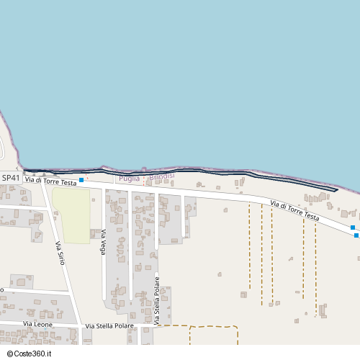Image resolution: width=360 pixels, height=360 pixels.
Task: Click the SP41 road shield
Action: [11, 178]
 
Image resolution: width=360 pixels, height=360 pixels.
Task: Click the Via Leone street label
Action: [37, 325]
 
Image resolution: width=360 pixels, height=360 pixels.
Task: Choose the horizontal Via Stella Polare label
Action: [109, 326]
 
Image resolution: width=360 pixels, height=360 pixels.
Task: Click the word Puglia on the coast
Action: [130, 178]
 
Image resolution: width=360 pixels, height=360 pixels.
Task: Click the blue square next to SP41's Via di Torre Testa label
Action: [81, 180]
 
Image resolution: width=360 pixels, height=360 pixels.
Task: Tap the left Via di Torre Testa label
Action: [50, 182]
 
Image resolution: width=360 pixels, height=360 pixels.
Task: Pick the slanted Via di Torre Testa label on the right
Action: [294, 210]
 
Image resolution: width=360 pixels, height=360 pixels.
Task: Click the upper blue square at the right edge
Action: [353, 228]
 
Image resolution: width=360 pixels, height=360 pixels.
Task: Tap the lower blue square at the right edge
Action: [356, 235]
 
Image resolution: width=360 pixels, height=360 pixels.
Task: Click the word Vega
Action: [104, 236]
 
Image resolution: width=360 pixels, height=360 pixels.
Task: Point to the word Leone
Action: [43, 325]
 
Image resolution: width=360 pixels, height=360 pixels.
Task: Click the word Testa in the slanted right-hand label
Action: [310, 215]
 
